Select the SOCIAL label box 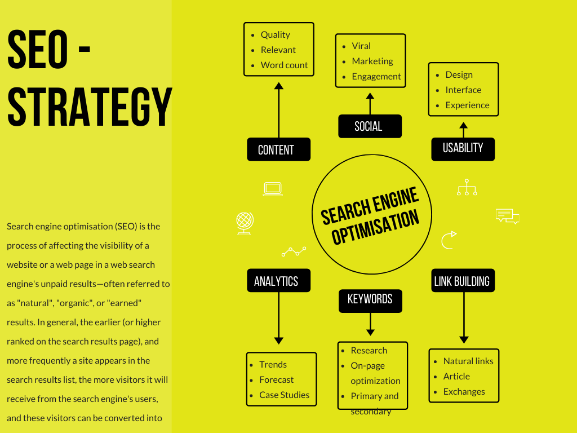coord(370,126)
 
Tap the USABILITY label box coord(463,149)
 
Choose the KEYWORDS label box coord(370,300)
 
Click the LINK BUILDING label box coord(463,281)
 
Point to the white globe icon coord(245,223)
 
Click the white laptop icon coord(273,189)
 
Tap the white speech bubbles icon coord(507,216)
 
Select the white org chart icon coord(467,187)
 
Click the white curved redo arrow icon coord(449,240)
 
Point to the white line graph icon coord(294,251)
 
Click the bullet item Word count coord(284,65)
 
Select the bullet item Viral coord(361,46)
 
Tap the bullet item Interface coord(463,90)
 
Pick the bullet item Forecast coord(276,379)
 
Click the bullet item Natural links coord(468,361)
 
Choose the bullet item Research coord(369,350)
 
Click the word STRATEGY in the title coord(89,107)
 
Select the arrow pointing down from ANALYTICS coord(278,319)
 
